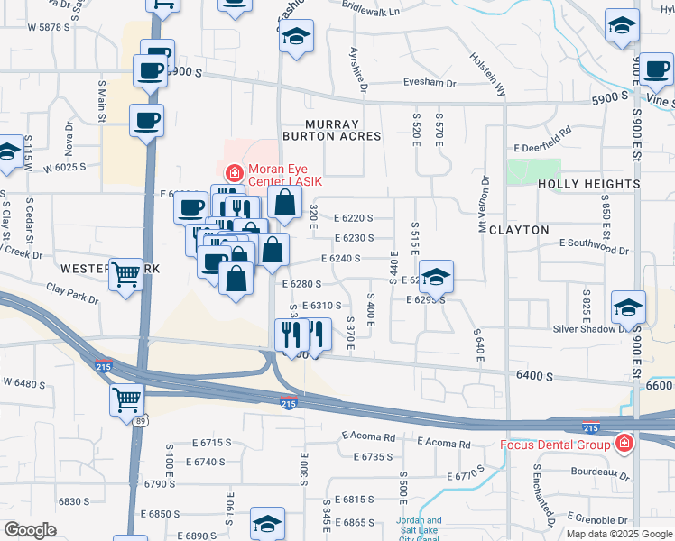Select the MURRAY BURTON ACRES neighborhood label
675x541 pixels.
[332, 130]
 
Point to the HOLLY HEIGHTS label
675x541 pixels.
[588, 184]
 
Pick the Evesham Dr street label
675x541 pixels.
[430, 83]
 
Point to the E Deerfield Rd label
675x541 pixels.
[543, 146]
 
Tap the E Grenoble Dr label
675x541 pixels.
[591, 520]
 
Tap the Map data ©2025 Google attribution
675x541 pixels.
[618, 534]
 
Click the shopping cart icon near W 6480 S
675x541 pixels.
[127, 400]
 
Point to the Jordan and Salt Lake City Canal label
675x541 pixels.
[421, 527]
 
